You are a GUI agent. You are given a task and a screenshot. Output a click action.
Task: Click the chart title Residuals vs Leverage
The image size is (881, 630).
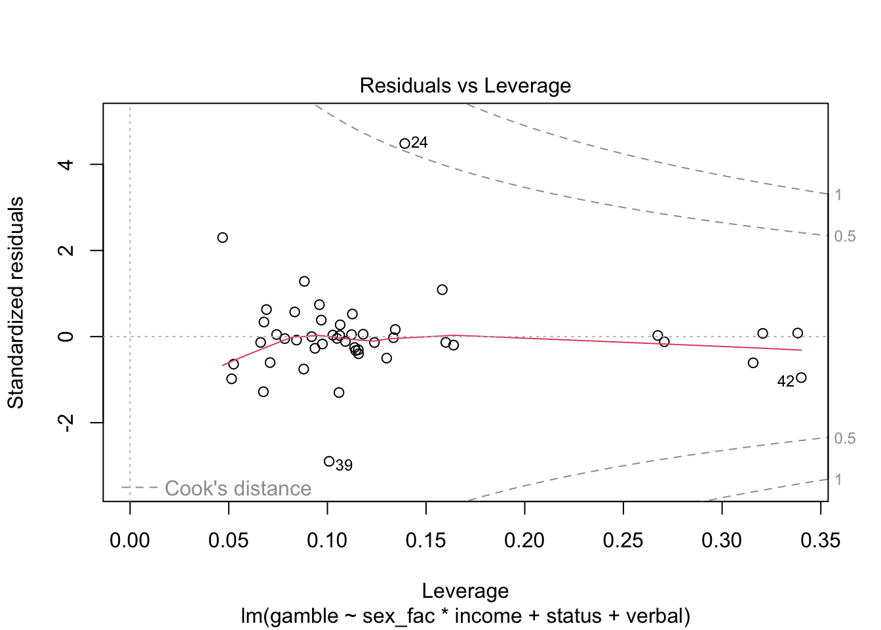pos(465,86)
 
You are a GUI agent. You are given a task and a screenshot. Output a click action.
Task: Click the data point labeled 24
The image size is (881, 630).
pos(404,144)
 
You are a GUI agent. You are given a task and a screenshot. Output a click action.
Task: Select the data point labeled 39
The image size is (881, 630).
pos(329,461)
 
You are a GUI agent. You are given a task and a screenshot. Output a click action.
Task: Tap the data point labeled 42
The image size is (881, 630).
pos(801,377)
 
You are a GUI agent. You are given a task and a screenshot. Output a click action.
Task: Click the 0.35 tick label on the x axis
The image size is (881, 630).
pos(820,540)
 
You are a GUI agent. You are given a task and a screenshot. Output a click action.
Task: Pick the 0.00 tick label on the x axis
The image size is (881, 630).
pos(130,540)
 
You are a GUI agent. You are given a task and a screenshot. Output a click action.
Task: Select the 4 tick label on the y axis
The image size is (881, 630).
pos(66,164)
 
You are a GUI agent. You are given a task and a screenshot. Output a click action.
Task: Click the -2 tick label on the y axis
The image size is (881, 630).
pos(66,423)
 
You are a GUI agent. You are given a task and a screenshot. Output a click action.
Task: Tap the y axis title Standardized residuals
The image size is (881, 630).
pos(16,303)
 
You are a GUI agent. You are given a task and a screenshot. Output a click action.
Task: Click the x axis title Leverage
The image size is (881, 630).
pos(465,591)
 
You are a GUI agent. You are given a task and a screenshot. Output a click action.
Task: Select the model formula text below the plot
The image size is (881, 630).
pos(465,616)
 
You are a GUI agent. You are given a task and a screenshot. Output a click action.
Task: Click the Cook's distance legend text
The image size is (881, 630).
pos(237,488)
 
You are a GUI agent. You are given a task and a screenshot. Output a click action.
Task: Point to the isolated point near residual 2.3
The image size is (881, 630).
pos(222,238)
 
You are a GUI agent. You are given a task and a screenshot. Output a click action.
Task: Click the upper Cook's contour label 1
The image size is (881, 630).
pos(838,195)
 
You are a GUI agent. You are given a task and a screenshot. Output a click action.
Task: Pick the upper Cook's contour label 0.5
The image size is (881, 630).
pos(845,236)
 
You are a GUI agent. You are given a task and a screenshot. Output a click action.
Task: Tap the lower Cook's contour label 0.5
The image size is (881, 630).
pos(845,438)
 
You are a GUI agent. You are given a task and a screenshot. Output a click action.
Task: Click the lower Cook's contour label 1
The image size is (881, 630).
pos(838,480)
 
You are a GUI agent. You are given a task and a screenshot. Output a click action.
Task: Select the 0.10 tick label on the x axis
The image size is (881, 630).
pos(327,540)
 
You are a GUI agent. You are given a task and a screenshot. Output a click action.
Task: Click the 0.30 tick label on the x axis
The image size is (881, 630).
pos(722,540)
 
